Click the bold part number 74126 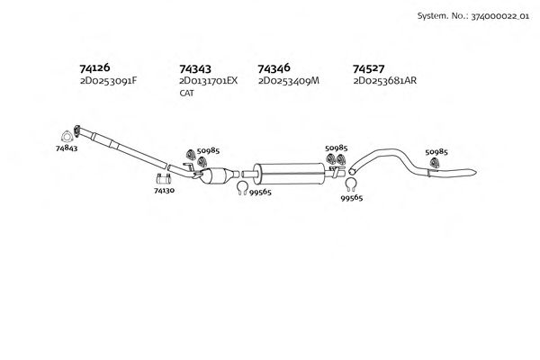pos(95,68)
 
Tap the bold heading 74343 pos(195,68)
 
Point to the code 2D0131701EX pos(208,81)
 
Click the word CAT pos(186,93)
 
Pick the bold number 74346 pos(274,68)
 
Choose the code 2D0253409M pos(288,81)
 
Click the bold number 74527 pos(369,68)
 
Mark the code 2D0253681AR pos(385,81)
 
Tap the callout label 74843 pos(67,147)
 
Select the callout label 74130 pos(165,191)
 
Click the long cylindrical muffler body pos(289,171)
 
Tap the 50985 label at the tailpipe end pos(436,151)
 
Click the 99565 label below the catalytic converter pos(260,191)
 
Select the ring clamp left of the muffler pos(242,187)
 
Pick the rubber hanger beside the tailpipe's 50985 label pos(434,163)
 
